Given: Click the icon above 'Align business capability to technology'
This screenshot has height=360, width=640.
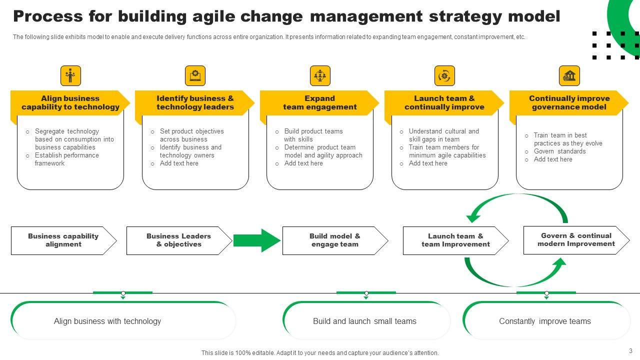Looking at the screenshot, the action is [70, 76].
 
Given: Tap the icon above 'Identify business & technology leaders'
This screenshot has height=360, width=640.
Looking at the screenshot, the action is [195, 76].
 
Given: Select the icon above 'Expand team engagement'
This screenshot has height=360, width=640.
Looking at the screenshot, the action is [320, 76].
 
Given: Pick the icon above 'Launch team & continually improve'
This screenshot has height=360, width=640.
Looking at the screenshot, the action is [444, 76].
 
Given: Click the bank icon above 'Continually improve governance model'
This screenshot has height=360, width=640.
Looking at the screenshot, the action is [569, 76].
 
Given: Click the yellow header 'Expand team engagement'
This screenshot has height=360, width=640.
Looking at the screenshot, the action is [319, 103].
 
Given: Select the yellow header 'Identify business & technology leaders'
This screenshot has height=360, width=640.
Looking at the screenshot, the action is [195, 103].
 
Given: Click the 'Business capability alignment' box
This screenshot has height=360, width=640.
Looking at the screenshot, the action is [63, 240].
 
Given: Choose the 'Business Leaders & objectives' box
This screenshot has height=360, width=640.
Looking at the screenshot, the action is [178, 240].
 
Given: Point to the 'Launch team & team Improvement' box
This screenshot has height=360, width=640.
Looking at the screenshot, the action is [455, 240].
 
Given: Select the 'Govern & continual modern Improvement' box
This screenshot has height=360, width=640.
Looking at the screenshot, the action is [576, 240].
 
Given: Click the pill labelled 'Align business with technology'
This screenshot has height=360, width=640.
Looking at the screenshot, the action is [107, 321].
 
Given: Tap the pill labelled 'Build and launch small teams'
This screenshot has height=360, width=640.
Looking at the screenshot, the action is [364, 321].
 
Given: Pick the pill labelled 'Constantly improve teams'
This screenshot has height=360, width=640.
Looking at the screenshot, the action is [545, 321].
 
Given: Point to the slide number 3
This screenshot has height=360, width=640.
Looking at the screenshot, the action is [631, 351].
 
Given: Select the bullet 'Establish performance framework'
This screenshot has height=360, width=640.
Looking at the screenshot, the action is [67, 159].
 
